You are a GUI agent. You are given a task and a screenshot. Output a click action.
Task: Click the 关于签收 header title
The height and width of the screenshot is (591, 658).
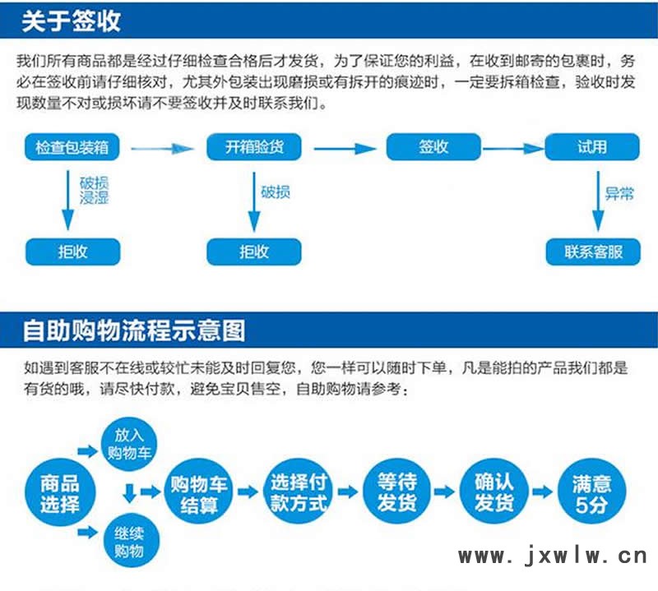(72, 21)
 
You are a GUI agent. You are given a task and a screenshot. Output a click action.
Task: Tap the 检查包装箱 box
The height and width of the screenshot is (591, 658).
(72, 147)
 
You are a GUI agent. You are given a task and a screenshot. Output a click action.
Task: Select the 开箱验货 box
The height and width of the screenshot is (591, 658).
(254, 147)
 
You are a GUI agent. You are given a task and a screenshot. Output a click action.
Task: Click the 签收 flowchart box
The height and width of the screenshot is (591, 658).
(433, 147)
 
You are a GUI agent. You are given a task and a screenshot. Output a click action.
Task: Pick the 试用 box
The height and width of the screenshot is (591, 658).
(592, 147)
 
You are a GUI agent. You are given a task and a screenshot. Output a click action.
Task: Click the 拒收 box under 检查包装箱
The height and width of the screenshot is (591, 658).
(73, 252)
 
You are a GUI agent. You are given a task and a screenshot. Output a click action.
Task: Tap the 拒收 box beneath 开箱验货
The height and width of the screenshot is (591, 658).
(254, 252)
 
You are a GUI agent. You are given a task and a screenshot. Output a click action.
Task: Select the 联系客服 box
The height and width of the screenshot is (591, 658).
(593, 252)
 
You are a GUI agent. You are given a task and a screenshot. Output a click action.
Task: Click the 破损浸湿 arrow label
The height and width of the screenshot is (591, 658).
(95, 190)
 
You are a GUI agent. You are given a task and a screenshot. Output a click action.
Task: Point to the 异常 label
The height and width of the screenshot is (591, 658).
(619, 194)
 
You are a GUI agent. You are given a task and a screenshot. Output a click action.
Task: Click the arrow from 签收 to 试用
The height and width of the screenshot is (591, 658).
(512, 149)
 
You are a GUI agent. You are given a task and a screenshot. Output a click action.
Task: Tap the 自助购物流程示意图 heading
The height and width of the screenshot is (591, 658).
(134, 330)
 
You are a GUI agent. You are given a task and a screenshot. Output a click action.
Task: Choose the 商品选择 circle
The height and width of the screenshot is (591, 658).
(60, 492)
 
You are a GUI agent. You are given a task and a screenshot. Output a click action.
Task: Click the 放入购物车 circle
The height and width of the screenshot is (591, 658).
(129, 444)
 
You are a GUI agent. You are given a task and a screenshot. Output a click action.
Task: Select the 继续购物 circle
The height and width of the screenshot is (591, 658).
(132, 541)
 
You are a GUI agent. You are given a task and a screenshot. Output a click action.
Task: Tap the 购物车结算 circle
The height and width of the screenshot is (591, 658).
(198, 492)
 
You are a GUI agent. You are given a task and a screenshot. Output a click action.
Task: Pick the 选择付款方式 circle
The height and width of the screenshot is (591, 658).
(299, 492)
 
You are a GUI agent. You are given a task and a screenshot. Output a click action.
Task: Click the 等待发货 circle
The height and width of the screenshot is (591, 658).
(397, 492)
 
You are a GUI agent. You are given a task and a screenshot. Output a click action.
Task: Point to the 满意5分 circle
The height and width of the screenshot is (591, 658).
(591, 492)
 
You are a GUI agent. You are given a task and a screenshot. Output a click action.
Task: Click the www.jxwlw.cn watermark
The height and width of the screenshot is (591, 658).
(553, 556)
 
